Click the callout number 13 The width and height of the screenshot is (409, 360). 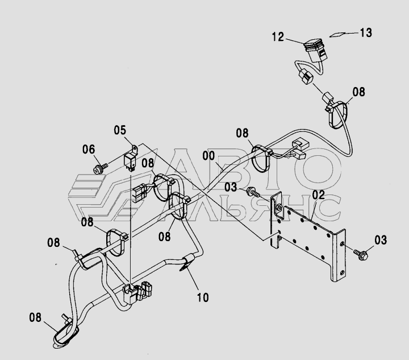point(366,33)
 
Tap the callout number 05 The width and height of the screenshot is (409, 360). point(120,131)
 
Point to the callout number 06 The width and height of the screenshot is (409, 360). point(88,150)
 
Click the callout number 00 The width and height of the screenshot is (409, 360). point(208,155)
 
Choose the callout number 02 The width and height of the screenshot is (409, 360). point(318,195)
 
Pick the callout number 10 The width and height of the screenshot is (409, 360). point(202,296)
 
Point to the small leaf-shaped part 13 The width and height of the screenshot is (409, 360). point(338,34)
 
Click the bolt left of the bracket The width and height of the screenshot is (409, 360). point(253,193)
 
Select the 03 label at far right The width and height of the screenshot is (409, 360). point(380,239)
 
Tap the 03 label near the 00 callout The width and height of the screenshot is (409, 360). point(230,187)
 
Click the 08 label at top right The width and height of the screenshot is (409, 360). point(358,92)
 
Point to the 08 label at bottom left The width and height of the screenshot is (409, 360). point(35,317)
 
